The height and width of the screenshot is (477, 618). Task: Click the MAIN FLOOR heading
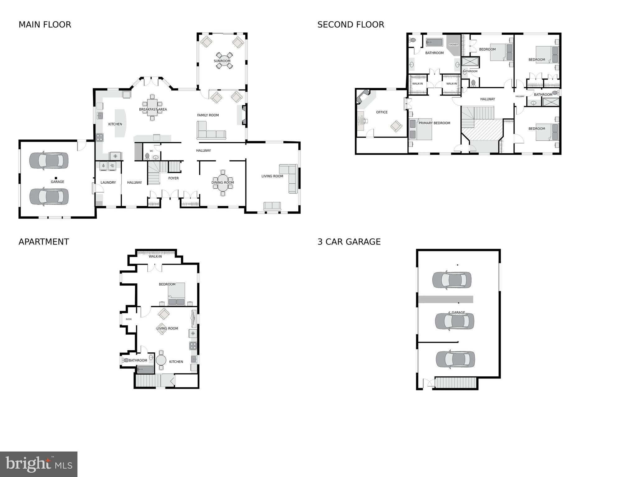coord(45,25)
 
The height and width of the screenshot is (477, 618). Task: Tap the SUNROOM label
coord(222,61)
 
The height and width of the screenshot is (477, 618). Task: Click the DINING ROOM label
coord(223,182)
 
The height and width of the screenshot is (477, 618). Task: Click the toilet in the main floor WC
coord(147,156)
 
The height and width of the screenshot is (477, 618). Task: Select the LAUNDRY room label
coord(108,182)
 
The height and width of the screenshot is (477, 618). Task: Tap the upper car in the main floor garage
coord(49,160)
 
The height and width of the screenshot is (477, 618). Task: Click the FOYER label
coord(174,178)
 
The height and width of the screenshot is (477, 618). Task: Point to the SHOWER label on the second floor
coord(453,45)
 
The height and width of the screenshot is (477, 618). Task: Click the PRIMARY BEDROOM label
coord(434,123)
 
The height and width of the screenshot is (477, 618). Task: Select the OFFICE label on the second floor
coord(382,112)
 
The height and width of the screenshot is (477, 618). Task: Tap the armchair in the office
coord(396,126)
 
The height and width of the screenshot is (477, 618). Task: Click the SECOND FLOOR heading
coord(351,25)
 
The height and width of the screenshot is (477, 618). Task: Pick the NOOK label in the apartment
coord(129,319)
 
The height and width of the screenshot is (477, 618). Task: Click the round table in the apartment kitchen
coord(161,360)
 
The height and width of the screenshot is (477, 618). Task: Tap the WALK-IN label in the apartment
coord(155,256)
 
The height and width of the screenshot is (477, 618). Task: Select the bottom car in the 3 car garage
coord(455,359)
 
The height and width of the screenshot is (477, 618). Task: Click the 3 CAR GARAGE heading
coord(349,242)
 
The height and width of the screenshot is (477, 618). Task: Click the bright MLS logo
coord(39,464)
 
